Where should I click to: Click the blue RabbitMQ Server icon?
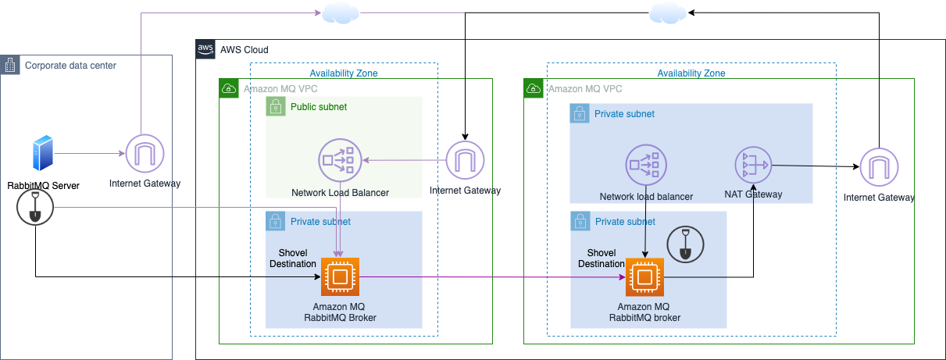click(x=43, y=154)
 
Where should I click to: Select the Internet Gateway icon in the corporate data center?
click(x=145, y=154)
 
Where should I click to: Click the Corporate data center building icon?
click(x=10, y=66)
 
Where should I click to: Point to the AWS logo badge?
click(x=205, y=49)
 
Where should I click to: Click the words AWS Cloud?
click(x=245, y=50)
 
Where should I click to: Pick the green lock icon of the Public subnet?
click(x=276, y=106)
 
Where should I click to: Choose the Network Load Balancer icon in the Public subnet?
click(x=339, y=161)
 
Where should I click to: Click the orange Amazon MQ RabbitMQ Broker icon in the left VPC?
click(x=339, y=276)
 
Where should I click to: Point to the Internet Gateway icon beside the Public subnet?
click(x=465, y=161)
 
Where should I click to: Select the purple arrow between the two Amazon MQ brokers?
click(x=492, y=276)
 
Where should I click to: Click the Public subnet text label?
click(x=319, y=107)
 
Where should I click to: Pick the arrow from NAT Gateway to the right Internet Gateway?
click(x=812, y=166)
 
